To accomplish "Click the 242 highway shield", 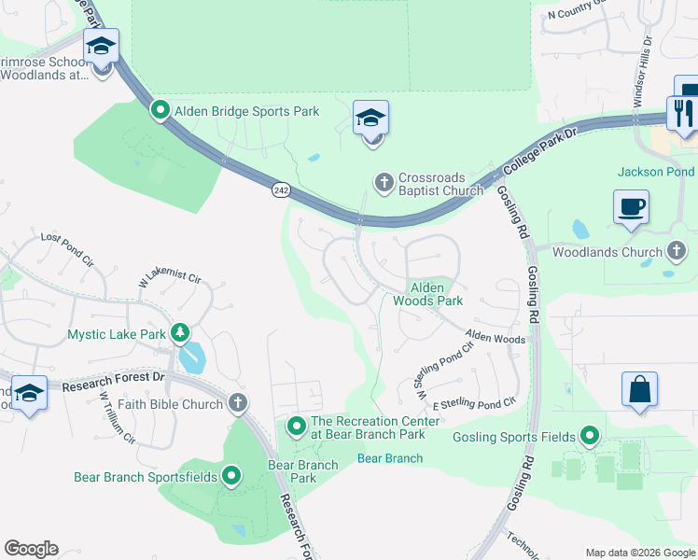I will click(281, 189).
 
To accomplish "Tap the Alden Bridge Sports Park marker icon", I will click(161, 111).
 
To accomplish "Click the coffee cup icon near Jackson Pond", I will click(632, 206).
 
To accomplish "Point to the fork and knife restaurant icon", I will click(683, 114).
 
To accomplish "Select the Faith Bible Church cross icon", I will click(238, 403).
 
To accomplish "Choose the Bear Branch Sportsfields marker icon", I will click(231, 477).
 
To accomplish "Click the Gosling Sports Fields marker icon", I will click(590, 436).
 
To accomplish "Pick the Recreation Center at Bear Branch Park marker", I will click(297, 427).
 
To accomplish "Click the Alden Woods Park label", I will click(427, 294).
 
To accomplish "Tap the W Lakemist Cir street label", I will click(170, 277).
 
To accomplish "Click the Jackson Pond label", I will click(655, 172).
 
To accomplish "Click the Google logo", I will click(31, 549).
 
